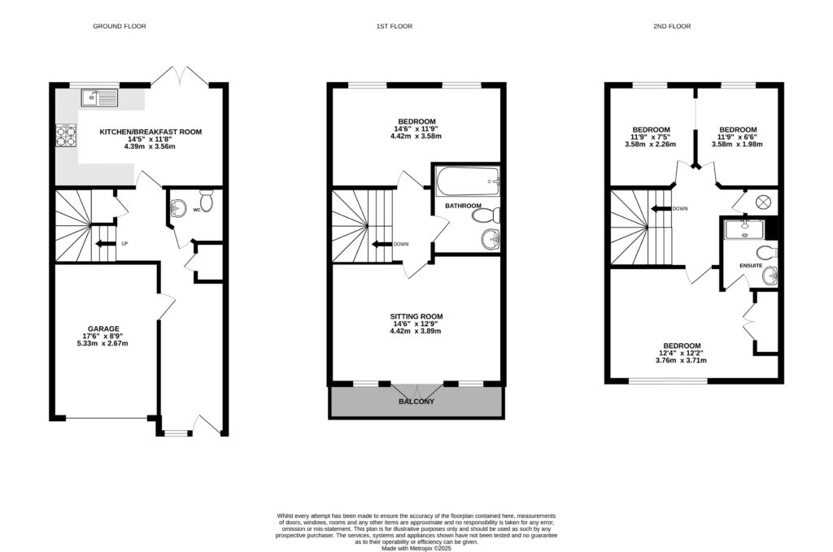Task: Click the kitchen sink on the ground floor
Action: tap(99, 98)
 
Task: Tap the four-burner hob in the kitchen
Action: tap(66, 135)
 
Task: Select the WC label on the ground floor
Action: tap(197, 211)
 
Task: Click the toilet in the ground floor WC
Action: tap(206, 201)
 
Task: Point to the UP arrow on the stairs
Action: tap(106, 244)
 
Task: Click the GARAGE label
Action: tap(103, 329)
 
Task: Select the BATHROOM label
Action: tap(463, 206)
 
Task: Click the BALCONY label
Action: tap(416, 402)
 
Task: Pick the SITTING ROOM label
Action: tap(416, 316)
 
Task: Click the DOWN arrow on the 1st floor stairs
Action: tap(382, 244)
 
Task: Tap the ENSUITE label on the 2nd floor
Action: tap(751, 265)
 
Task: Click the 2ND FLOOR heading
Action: tap(672, 26)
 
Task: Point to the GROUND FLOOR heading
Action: tap(120, 26)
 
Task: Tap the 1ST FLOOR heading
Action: tap(395, 26)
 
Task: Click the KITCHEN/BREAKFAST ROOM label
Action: tap(150, 132)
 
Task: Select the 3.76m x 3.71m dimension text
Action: tap(681, 360)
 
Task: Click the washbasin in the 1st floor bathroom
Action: tap(491, 239)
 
